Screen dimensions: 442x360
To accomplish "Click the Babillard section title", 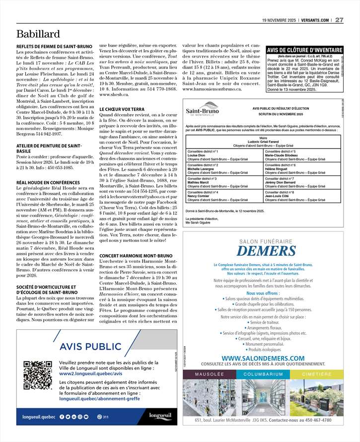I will pos(38,34).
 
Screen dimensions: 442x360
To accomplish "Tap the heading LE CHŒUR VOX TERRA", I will pos(122,109).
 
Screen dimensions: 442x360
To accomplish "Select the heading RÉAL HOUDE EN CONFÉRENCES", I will pos(48,183).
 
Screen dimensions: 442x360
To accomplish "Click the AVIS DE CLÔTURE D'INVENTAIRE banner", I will pos(304,50).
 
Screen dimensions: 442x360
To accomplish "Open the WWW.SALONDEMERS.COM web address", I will pos(263,358).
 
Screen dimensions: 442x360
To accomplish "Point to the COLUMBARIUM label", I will pos(263,374).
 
